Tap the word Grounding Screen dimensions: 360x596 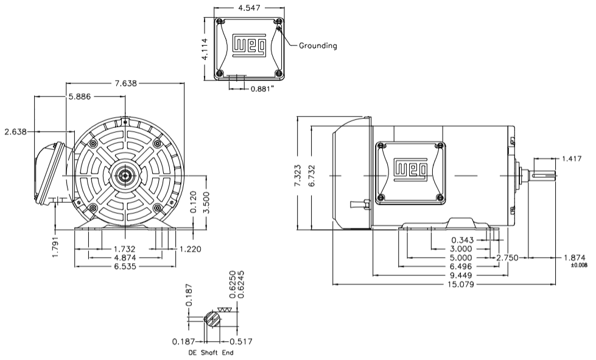coord(318,45)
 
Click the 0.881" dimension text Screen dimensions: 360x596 coord(264,88)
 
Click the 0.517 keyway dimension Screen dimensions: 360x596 coord(241,341)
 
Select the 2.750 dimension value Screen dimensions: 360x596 coord(508,258)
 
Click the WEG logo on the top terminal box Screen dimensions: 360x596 coord(250,45)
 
